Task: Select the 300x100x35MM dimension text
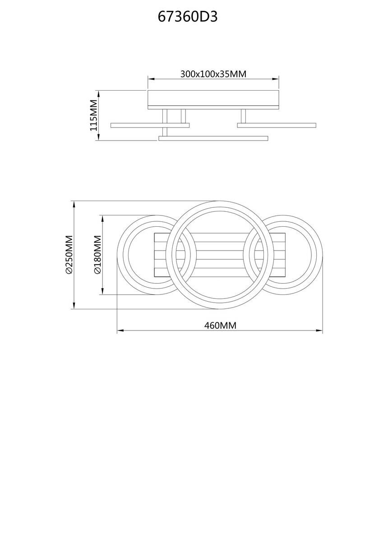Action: click(x=213, y=74)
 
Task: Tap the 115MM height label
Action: click(x=94, y=115)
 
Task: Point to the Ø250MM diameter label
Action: click(x=69, y=255)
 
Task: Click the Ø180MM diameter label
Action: click(x=97, y=255)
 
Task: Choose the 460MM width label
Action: click(x=220, y=325)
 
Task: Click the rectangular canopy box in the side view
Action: click(x=213, y=99)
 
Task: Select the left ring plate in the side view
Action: click(x=150, y=125)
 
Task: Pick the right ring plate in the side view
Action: click(x=277, y=125)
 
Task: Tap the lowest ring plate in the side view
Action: click(x=213, y=138)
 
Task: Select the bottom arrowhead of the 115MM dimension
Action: click(x=98, y=138)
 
